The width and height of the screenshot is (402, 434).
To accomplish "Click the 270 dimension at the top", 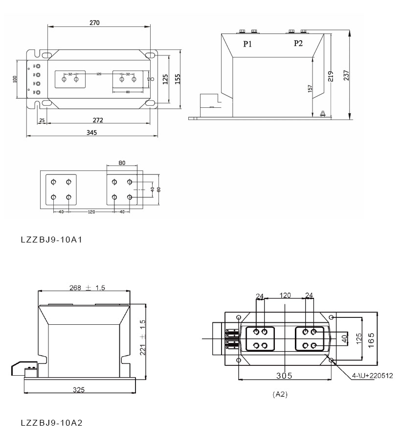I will click(x=94, y=23).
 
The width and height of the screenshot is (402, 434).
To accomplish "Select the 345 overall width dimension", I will click(x=91, y=132).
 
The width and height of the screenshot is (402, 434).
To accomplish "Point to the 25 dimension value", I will click(x=42, y=120).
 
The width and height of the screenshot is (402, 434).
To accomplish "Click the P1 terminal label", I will click(x=248, y=44).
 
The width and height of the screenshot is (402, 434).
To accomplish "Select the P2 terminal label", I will click(x=298, y=44).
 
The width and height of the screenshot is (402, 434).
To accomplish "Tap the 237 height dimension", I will click(x=359, y=76).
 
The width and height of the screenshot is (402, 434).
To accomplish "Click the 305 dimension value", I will click(x=283, y=376).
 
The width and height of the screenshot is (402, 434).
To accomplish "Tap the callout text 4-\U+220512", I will click(x=369, y=376).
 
